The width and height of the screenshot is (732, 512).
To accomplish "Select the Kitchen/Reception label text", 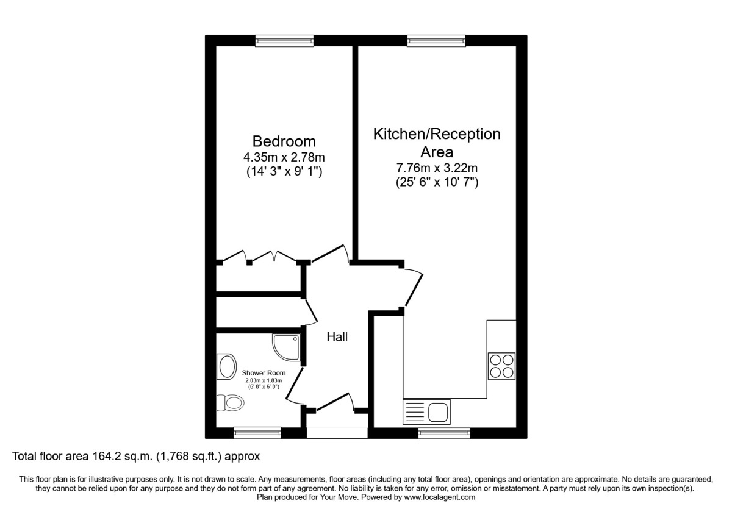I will [437, 133].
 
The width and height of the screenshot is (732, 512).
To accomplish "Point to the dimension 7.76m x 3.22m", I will [437, 167].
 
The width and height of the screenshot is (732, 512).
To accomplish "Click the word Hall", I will [337, 336].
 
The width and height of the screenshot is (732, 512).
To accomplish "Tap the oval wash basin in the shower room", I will [227, 368].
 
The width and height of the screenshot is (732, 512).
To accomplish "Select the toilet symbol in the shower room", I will [231, 402].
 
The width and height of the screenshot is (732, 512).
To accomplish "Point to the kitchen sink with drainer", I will [426, 412].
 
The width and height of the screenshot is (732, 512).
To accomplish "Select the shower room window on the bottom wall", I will [257, 433].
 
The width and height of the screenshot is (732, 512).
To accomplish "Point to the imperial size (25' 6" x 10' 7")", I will [437, 181].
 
